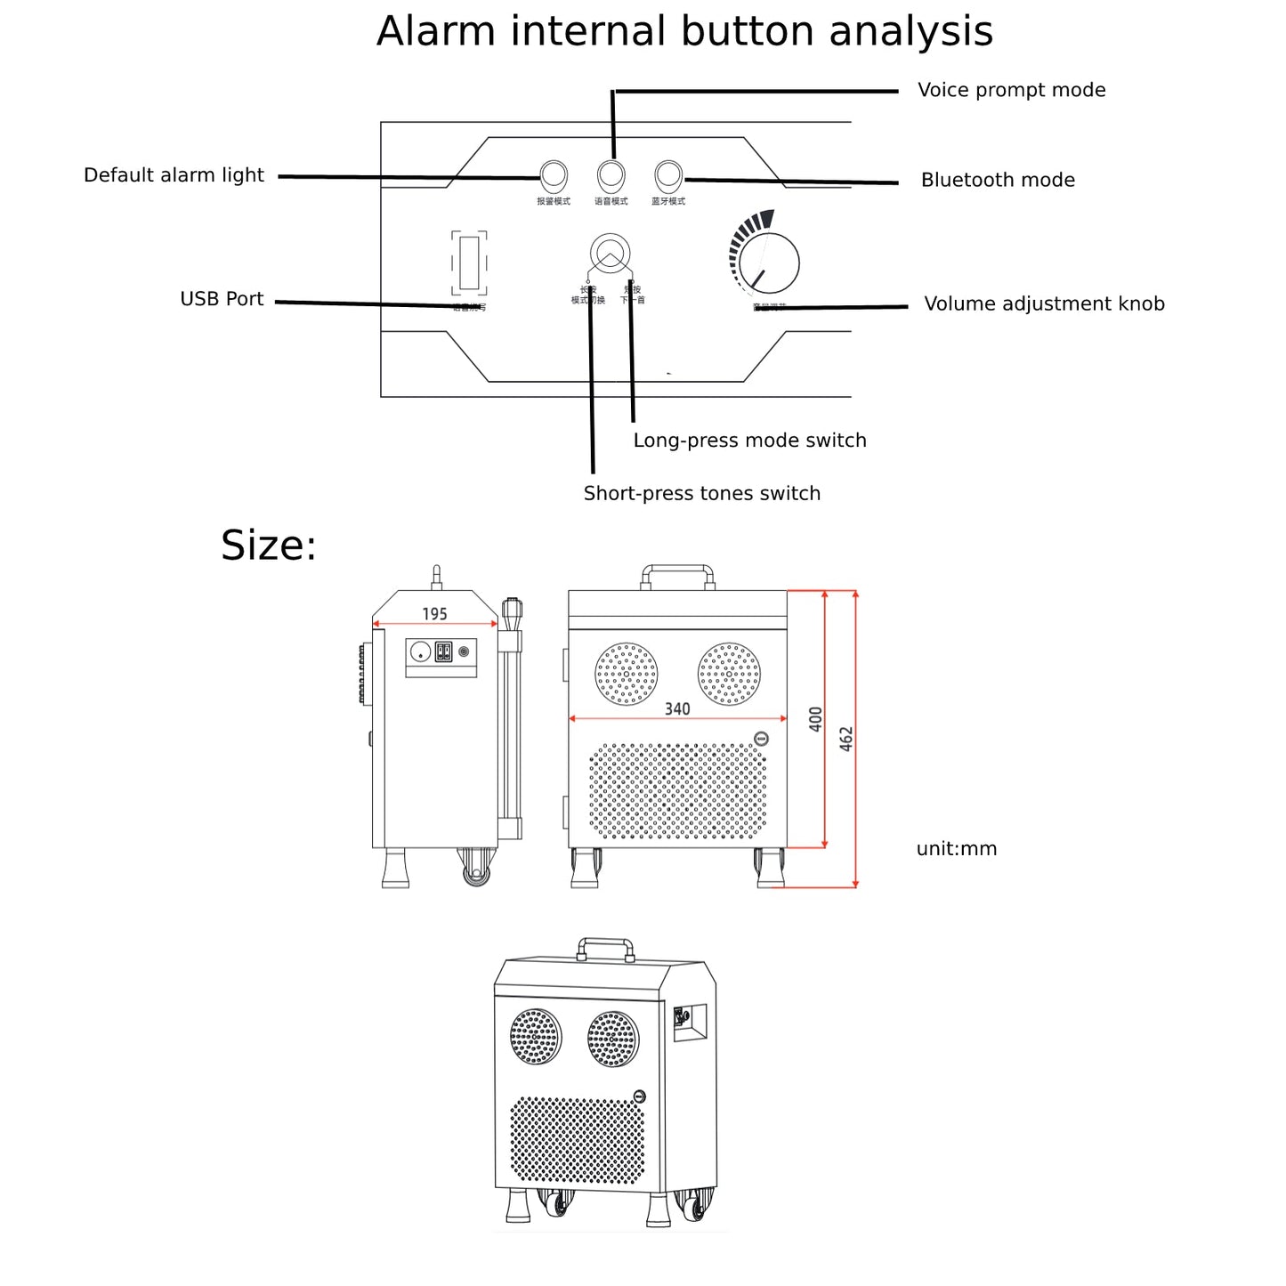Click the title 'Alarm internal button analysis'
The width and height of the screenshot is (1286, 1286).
click(x=683, y=32)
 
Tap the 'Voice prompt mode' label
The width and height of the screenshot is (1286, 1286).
click(x=1011, y=90)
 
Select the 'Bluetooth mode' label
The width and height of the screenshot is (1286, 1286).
click(x=997, y=180)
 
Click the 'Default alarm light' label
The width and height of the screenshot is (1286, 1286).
click(x=174, y=175)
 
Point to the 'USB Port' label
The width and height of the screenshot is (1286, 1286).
click(x=222, y=299)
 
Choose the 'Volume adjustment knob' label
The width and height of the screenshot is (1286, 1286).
click(x=1043, y=304)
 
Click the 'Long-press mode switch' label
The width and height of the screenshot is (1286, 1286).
click(x=749, y=441)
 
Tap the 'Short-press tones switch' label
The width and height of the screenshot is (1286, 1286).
click(x=701, y=494)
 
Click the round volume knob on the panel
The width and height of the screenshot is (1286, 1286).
click(x=769, y=263)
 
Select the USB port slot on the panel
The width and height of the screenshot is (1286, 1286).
click(x=469, y=263)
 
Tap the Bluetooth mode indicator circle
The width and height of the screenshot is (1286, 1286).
click(x=667, y=174)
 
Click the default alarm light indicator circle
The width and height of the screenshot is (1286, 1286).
click(x=554, y=174)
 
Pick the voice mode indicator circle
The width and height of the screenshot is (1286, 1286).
click(x=611, y=174)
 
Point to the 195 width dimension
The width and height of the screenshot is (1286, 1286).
click(x=434, y=614)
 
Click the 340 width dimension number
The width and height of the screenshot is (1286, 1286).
click(x=676, y=708)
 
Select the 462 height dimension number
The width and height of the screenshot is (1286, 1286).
click(x=846, y=739)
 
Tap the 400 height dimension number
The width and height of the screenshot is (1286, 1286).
click(x=815, y=719)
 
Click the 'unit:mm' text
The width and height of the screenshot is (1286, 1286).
click(x=956, y=849)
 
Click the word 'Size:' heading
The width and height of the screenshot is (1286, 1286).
click(x=268, y=546)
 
